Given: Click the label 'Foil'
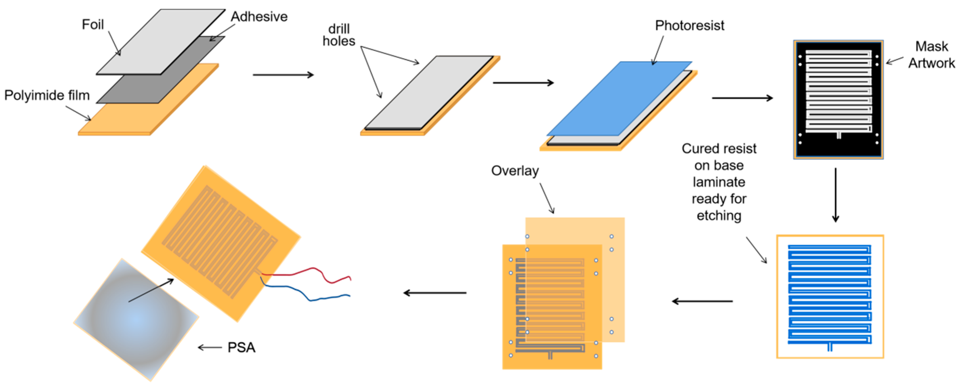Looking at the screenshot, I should coord(93,25).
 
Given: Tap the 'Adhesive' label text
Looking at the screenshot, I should coord(259,17).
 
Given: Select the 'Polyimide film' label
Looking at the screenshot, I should coord(47,95).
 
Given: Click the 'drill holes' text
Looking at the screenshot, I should coord(339,35).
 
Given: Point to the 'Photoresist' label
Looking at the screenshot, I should coord(689,26).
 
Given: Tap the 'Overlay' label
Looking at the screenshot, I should coord(515,171).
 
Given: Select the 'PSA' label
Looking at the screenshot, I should coord(241,347).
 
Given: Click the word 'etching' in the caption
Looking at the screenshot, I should coord(718,216).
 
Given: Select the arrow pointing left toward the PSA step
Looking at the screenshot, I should coord(435,293).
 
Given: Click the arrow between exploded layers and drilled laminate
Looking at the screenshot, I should coord(283,75).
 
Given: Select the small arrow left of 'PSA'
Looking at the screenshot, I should coord(210,347).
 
